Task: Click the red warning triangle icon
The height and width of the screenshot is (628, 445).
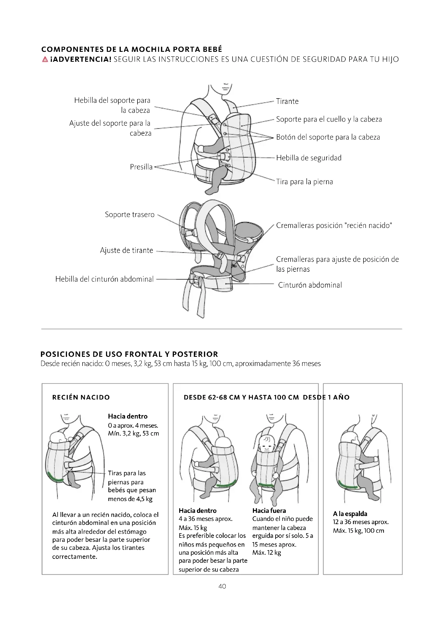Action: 45,59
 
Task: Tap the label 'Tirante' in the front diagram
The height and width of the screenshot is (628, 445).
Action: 287,101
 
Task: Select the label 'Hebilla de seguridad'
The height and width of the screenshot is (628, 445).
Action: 309,158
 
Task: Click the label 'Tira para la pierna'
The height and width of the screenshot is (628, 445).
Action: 304,182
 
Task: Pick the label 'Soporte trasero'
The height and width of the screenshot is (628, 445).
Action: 130,215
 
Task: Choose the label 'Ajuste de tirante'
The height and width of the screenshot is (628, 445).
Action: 126,250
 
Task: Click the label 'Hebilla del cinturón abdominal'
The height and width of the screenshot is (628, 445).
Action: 104,279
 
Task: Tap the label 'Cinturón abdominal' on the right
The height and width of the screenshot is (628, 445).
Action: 310,285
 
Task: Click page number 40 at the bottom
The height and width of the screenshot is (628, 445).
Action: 222,586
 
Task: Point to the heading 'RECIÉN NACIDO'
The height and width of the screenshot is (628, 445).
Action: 81,397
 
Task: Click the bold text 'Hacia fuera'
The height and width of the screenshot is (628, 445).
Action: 269,510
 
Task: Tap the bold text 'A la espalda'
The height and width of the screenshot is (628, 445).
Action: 350,514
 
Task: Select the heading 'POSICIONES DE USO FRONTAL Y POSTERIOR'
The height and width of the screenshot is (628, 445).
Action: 129,354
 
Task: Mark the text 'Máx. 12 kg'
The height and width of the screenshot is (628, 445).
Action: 267,553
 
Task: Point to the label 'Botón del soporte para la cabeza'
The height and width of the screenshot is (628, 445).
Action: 328,137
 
